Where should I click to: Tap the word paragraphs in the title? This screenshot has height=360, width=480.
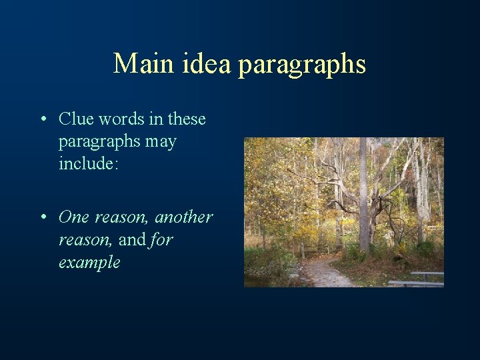(x=302, y=65)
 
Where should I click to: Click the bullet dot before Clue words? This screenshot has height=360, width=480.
(x=43, y=120)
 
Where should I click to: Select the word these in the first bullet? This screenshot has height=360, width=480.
(x=187, y=119)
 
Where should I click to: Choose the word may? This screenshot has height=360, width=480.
(x=164, y=143)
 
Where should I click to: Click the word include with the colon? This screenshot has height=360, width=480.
(x=88, y=164)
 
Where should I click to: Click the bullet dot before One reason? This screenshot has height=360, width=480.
(x=43, y=218)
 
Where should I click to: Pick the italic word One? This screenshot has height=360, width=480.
(x=73, y=217)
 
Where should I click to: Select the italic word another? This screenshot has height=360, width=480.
(x=183, y=217)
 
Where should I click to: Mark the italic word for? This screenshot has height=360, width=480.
(x=161, y=239)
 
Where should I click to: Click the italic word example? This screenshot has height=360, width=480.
(x=89, y=262)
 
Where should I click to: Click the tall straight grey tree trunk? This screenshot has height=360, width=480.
(x=363, y=193)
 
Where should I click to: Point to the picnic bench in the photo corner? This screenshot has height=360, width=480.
(x=420, y=279)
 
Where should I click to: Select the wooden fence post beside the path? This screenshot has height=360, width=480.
(x=303, y=251)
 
